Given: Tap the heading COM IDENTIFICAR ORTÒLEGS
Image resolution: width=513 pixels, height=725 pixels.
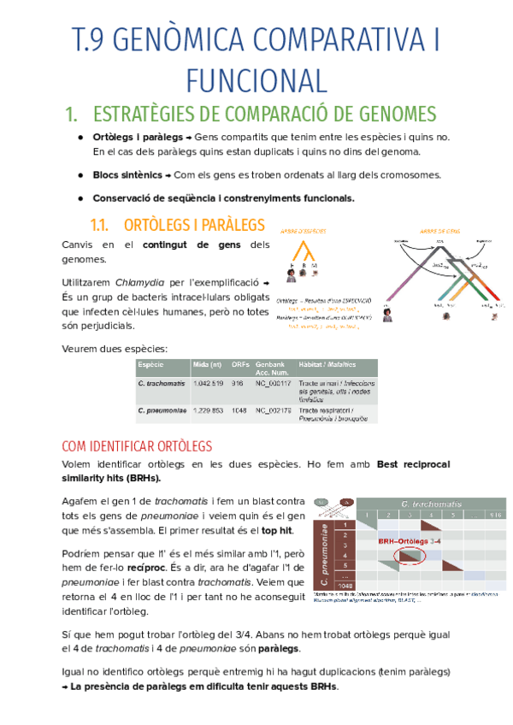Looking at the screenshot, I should coord(138,446).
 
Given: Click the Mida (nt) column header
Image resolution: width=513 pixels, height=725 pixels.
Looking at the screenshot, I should coord(209,364).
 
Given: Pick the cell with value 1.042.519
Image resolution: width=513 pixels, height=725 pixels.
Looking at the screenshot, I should coord(209,383).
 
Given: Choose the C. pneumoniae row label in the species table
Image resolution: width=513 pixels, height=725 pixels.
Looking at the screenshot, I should coord(162,410).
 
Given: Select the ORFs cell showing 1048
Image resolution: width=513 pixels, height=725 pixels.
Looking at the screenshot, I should coord(239,410).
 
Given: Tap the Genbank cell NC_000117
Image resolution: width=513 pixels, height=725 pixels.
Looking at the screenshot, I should coord(274,383).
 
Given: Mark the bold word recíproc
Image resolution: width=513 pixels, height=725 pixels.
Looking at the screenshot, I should coord(234,566).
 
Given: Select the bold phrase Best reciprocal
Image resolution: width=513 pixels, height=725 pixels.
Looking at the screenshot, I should coord(414,464).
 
